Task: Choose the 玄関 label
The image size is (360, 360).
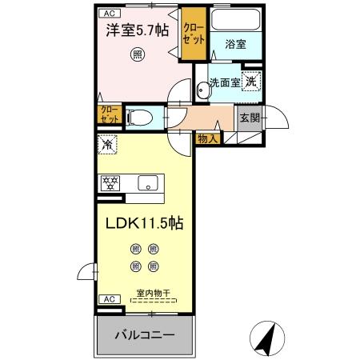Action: click(249, 118)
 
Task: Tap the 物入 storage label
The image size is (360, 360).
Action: click(206, 138)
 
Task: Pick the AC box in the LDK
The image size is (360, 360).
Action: click(107, 299)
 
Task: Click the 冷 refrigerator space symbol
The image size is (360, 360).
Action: click(107, 146)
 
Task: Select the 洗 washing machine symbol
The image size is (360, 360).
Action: click(251, 80)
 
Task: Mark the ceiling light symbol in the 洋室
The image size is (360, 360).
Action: click(138, 54)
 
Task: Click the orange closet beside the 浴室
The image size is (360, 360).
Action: click(194, 34)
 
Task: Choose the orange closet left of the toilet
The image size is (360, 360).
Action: click(109, 114)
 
